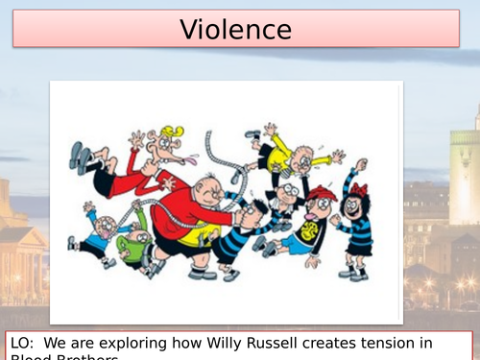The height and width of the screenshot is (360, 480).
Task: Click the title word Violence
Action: tap(235, 29)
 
